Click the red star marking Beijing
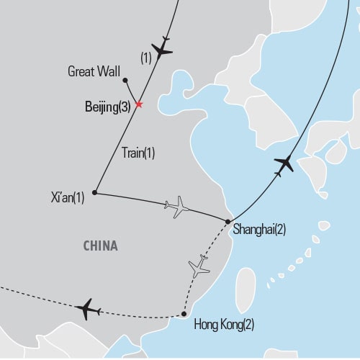click(x=139, y=104)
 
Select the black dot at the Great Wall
click(x=125, y=81)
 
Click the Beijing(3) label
click(x=108, y=106)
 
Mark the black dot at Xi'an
click(x=95, y=193)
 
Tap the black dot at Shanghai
click(x=228, y=222)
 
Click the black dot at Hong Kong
click(x=184, y=314)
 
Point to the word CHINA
click(x=100, y=246)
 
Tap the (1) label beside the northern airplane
click(x=146, y=60)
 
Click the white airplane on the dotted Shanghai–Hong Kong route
click(x=199, y=267)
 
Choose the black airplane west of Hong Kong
click(x=87, y=309)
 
